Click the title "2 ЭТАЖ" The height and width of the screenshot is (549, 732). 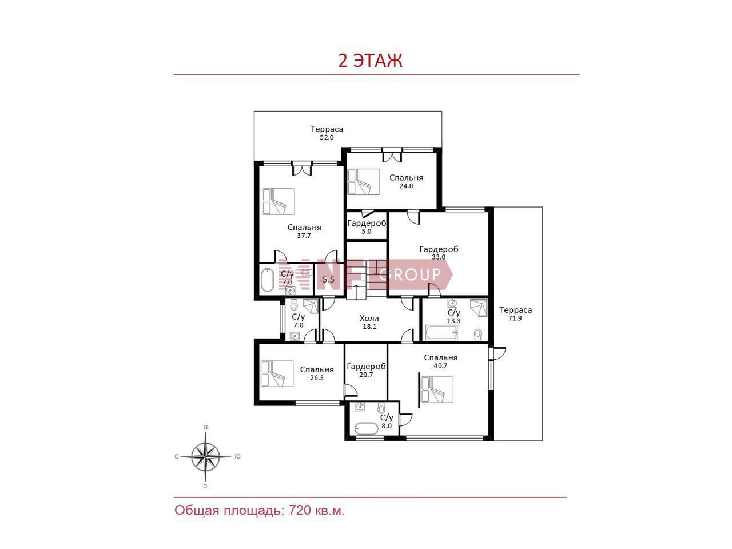click(x=370, y=61)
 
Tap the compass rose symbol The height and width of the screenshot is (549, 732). click(x=205, y=456)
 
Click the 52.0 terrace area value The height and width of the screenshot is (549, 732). click(x=327, y=137)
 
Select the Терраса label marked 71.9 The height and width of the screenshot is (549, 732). click(x=515, y=310)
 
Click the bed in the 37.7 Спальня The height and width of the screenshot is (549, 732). click(x=279, y=201)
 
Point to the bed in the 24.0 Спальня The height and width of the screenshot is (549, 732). click(x=364, y=181)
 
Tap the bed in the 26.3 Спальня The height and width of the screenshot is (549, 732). click(x=277, y=373)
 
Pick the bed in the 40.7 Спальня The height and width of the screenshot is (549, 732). click(x=437, y=389)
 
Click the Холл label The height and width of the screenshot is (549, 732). click(x=369, y=319)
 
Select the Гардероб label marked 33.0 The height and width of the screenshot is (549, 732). click(x=439, y=249)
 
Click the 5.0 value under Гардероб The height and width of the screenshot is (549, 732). click(x=366, y=232)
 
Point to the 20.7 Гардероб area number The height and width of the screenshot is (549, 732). click(x=366, y=375)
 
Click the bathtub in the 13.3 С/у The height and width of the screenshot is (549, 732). click(x=441, y=333)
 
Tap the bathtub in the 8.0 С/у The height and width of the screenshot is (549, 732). click(x=366, y=429)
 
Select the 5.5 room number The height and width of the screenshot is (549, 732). click(x=328, y=279)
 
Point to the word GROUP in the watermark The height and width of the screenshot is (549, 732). click(x=410, y=274)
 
